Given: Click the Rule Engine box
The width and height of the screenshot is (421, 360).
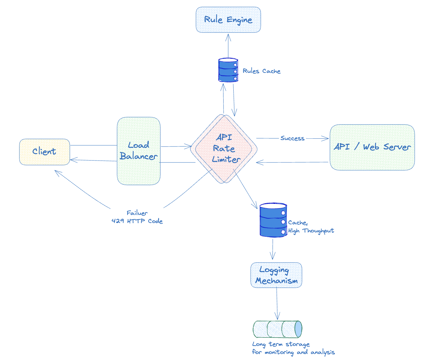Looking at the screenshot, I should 228,20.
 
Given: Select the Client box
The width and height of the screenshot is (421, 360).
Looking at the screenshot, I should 45,152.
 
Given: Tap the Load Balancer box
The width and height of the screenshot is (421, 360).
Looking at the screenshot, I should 139,151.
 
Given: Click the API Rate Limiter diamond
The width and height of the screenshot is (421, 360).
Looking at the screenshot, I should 224,149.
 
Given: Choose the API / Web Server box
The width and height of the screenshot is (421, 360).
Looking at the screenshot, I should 372,147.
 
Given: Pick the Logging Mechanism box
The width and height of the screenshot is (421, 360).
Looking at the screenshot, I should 276,275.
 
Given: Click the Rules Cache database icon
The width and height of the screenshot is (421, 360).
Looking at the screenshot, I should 228,70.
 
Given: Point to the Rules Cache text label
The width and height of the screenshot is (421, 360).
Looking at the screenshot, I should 262,71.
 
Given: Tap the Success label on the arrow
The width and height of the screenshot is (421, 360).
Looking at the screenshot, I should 292,138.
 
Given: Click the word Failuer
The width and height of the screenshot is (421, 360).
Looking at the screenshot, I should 137,213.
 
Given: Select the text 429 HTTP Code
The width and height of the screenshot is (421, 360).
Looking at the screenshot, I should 137,221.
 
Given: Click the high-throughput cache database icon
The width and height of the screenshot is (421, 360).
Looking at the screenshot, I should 273,220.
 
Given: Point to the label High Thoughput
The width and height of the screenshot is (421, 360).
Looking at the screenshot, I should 311,231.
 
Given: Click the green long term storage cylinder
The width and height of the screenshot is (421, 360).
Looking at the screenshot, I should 277,329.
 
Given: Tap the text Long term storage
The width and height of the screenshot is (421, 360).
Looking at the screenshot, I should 281,344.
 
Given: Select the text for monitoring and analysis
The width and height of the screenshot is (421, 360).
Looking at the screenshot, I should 293,352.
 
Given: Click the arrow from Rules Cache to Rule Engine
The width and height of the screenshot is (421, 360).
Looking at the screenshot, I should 228,46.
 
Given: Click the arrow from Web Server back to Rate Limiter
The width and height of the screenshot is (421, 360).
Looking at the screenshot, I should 292,163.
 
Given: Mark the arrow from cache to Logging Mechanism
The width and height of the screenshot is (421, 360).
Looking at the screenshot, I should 273,249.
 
